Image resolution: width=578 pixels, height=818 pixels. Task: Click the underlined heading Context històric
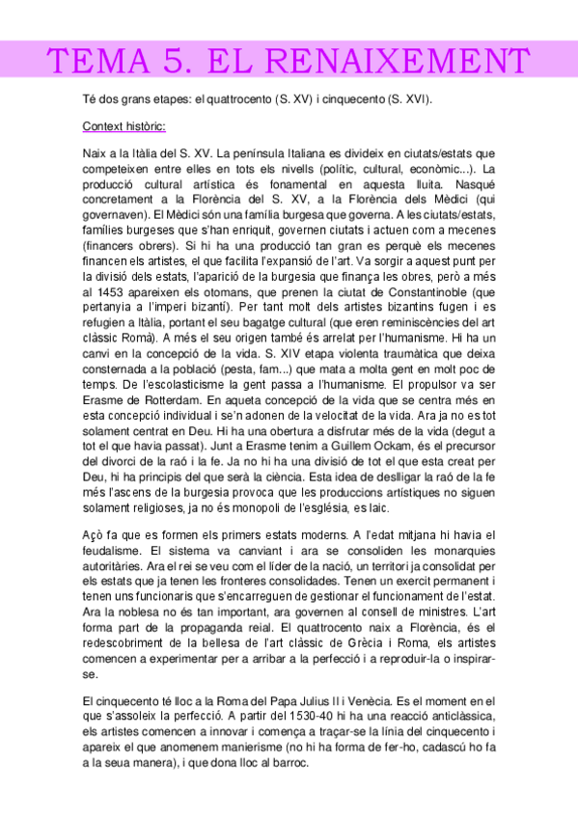[x=124, y=125]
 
